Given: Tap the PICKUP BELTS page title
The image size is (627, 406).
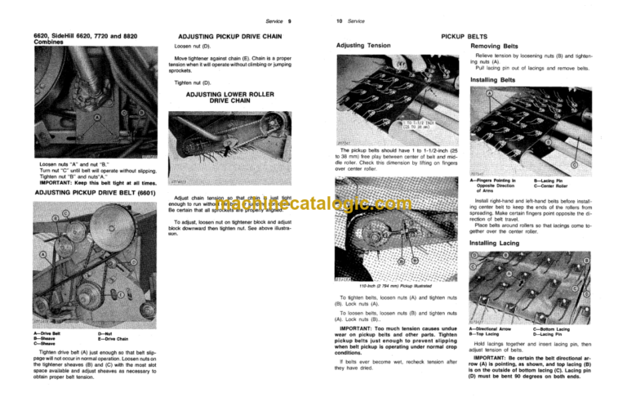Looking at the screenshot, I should pos(469,37).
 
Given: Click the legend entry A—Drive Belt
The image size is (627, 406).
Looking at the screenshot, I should pos(51,333).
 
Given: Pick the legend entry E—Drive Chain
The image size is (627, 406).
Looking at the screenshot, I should pos(116,338).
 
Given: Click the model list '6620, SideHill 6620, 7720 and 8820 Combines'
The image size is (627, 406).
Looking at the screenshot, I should pos(65,42).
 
